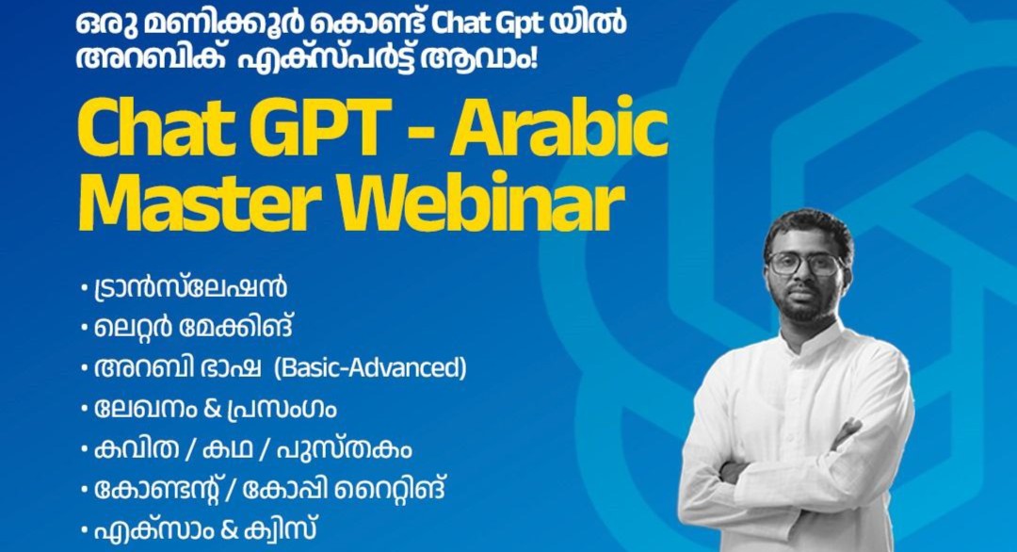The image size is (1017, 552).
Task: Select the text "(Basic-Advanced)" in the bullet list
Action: coord(370,367)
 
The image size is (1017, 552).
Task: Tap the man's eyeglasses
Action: coord(805,263)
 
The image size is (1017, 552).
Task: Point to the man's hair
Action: coord(809,226)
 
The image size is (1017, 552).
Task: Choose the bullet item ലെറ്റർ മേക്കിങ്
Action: coord(193,328)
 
